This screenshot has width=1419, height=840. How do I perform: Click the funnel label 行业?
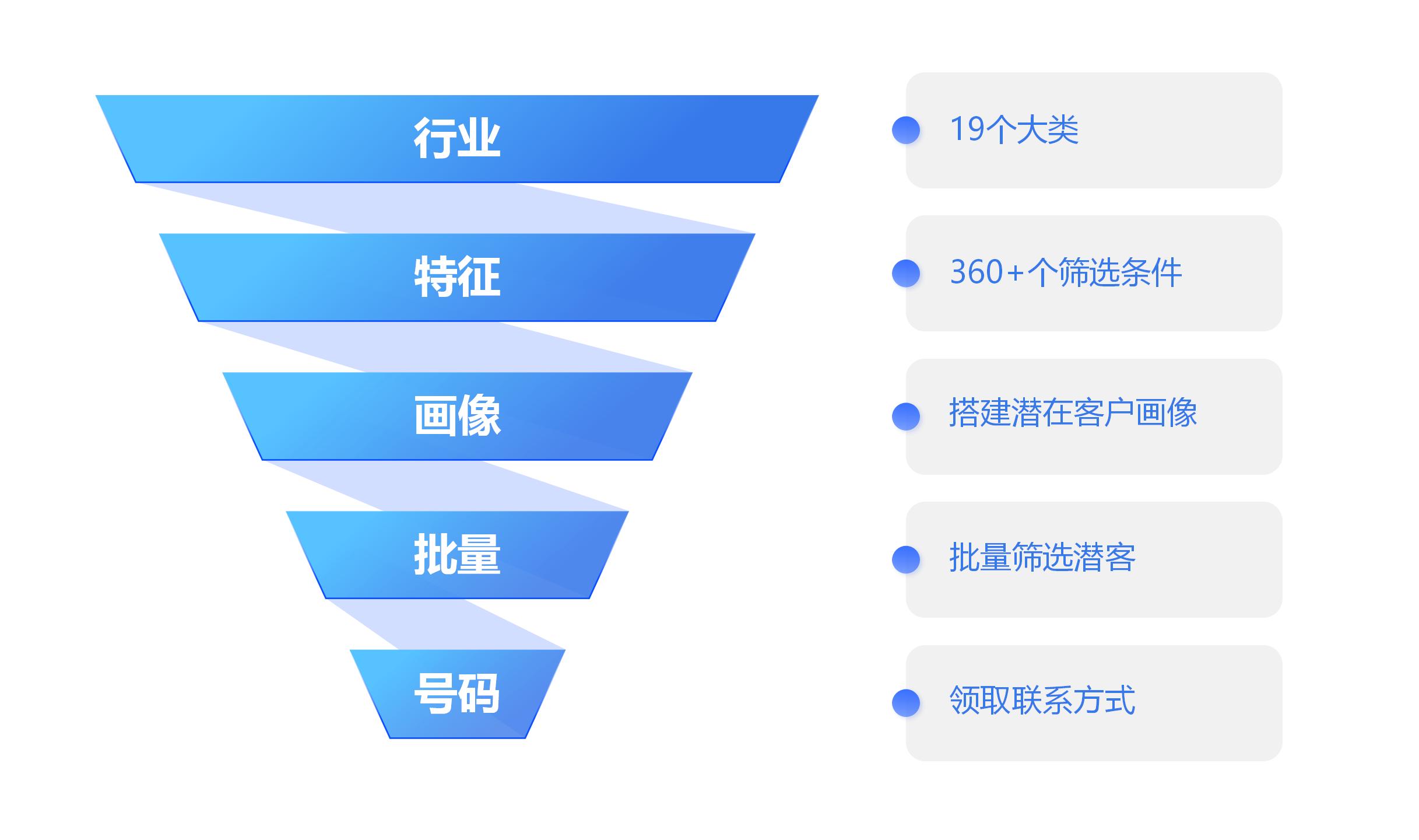457,138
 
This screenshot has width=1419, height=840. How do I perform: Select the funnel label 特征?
457,277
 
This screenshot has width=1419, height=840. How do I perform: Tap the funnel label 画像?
457,415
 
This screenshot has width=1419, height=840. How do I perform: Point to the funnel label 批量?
457,554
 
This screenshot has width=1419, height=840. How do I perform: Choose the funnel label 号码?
457,693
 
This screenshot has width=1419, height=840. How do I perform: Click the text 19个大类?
1014,129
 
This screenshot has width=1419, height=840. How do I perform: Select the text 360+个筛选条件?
1066,272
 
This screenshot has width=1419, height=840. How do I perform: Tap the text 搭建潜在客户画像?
1073,412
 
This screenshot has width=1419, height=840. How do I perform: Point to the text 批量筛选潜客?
1042,557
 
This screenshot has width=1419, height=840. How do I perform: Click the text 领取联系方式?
1042,700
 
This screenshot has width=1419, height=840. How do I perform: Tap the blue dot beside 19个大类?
906,130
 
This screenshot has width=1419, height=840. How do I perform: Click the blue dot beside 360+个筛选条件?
906,273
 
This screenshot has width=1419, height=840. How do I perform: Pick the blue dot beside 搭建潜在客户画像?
906,416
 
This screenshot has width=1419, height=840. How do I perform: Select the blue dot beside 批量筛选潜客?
906,559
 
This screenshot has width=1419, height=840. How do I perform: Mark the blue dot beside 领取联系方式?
906,702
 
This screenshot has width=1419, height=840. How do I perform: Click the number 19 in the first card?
968,129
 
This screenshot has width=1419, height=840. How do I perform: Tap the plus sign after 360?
1015,273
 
